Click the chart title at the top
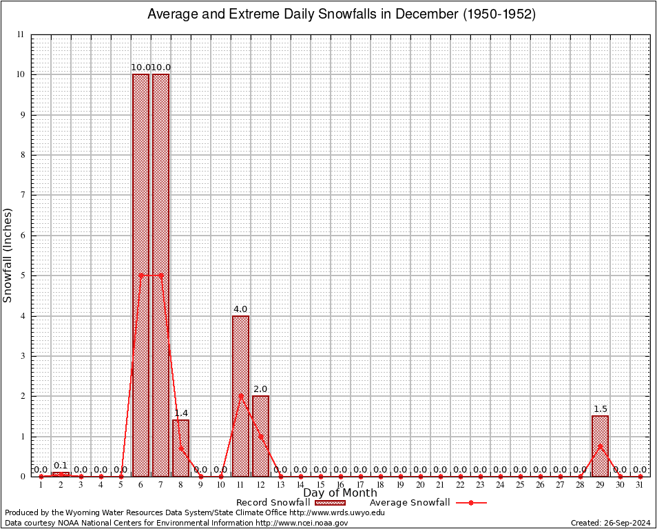tap(342, 14)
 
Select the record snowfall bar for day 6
tap(140, 276)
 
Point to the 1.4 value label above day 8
tap(180, 413)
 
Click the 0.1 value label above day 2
tap(61, 466)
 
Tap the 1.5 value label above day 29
tap(600, 409)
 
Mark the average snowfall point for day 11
tap(240, 395)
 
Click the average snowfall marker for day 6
tap(140, 275)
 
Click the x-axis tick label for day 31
tap(640, 486)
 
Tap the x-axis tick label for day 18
tap(380, 486)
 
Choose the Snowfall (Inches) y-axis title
tap(8, 255)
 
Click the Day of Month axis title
tap(340, 493)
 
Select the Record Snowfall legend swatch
tap(331, 503)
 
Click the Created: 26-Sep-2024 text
tap(611, 523)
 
